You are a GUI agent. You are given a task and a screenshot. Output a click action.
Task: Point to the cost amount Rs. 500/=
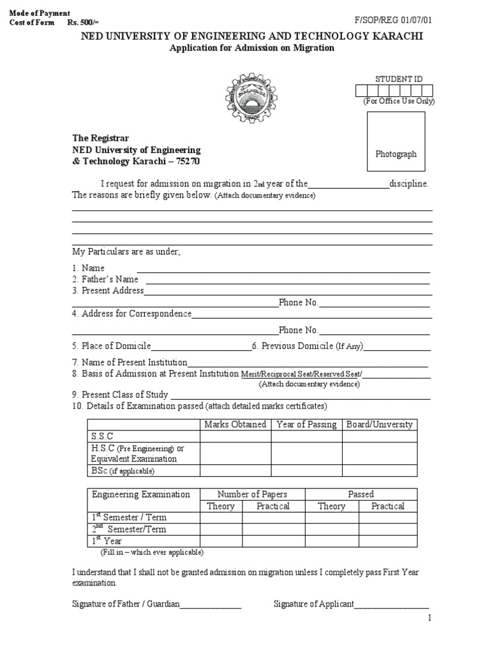(81, 22)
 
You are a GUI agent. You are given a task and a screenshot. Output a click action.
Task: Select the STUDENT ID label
(399, 79)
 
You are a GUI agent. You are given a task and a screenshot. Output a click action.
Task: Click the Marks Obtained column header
(235, 424)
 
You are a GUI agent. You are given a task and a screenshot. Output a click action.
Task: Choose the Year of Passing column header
(306, 424)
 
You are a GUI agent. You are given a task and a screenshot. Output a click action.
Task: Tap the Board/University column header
(380, 424)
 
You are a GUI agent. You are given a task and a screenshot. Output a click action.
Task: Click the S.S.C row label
(103, 436)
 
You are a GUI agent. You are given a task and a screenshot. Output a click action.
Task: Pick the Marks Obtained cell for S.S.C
(235, 436)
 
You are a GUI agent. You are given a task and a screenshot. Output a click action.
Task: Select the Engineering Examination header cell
(141, 494)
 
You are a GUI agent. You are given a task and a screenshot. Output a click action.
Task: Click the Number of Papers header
(253, 494)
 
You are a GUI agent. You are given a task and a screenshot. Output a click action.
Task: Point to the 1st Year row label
(107, 541)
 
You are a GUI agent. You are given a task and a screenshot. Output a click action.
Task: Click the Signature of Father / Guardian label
(126, 604)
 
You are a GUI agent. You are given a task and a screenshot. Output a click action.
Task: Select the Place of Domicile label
(111, 346)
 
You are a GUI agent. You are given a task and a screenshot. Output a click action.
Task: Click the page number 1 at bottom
(430, 618)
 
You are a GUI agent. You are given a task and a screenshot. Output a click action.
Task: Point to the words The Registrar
(100, 138)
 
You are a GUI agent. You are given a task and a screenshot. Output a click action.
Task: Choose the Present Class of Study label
(120, 394)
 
